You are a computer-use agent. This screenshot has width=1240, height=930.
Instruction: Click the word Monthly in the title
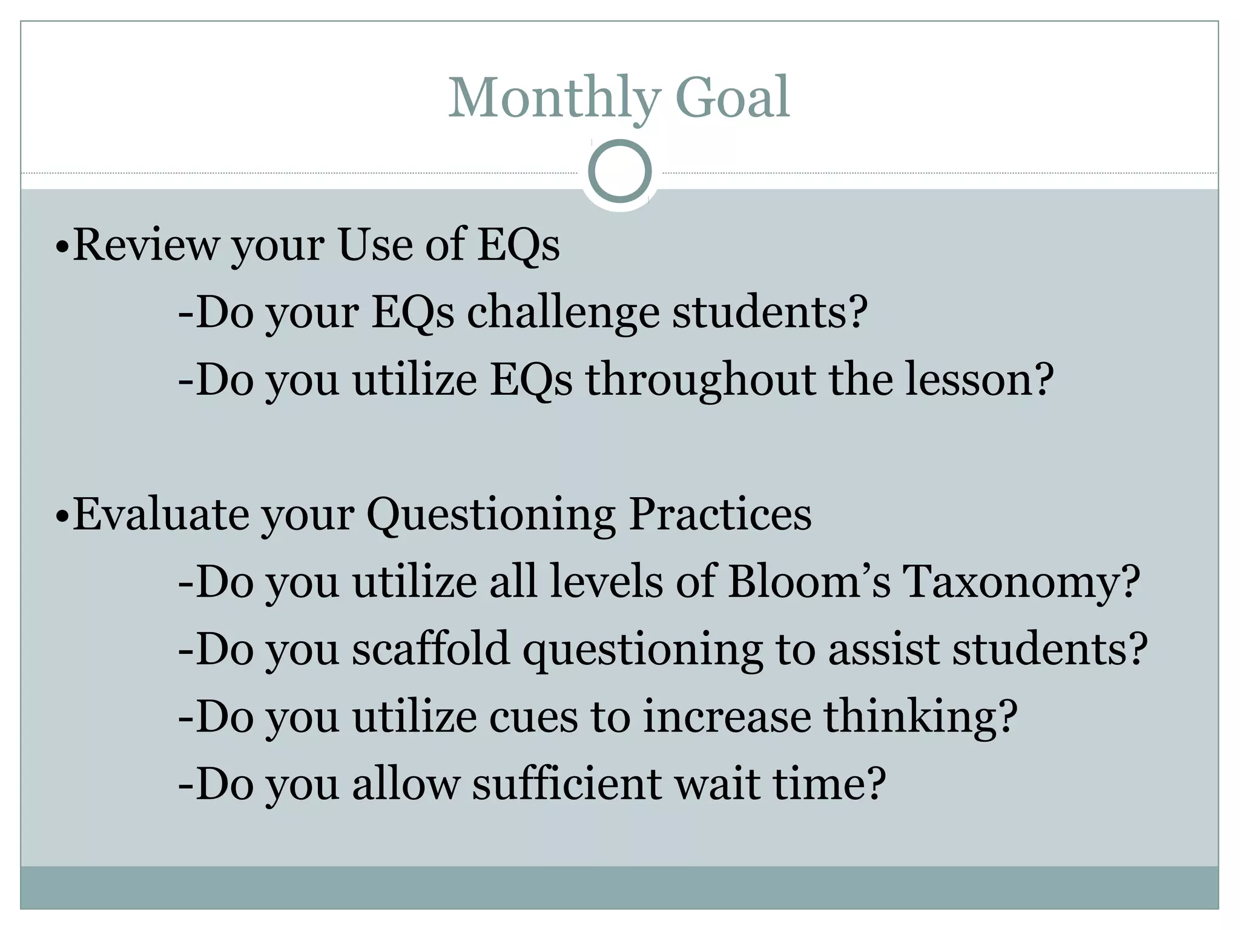click(x=554, y=98)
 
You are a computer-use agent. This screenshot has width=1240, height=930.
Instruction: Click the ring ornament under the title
click(x=619, y=171)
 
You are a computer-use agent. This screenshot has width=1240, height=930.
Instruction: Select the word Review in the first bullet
click(x=145, y=245)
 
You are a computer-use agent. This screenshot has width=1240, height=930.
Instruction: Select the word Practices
click(x=720, y=515)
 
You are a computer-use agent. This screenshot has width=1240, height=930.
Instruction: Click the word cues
click(x=533, y=717)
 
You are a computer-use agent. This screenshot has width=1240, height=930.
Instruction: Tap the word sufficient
click(x=567, y=784)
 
